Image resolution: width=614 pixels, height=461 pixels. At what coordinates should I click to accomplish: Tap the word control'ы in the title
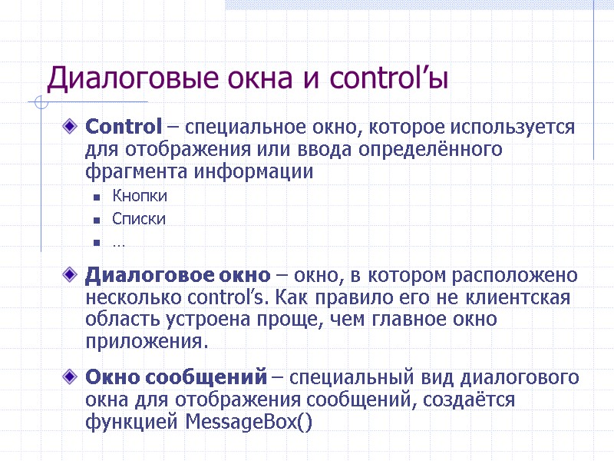[389, 78]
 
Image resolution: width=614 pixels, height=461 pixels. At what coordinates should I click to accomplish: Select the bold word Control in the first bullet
[124, 126]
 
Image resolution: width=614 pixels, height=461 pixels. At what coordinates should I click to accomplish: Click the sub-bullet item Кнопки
[139, 196]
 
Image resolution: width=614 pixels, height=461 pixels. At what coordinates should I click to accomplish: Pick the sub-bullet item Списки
[138, 219]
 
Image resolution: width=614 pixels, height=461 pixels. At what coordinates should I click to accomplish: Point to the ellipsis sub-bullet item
[119, 242]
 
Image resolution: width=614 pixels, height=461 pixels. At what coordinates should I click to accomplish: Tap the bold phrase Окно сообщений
[176, 378]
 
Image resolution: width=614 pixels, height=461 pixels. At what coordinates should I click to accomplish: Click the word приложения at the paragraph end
[146, 340]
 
